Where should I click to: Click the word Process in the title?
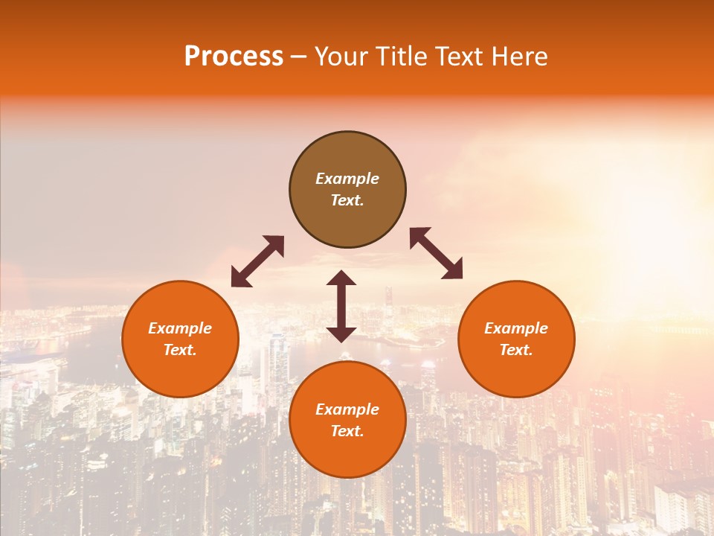234,57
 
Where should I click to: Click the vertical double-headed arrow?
341,306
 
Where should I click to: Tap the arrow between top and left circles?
257,261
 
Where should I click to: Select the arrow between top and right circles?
436,253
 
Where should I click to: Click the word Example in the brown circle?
347,179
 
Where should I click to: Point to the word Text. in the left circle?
180,350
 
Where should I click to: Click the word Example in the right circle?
516,328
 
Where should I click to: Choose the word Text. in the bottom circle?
347,431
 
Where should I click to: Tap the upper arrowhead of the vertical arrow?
341,278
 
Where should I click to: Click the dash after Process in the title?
299,57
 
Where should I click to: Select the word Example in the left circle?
180,328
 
